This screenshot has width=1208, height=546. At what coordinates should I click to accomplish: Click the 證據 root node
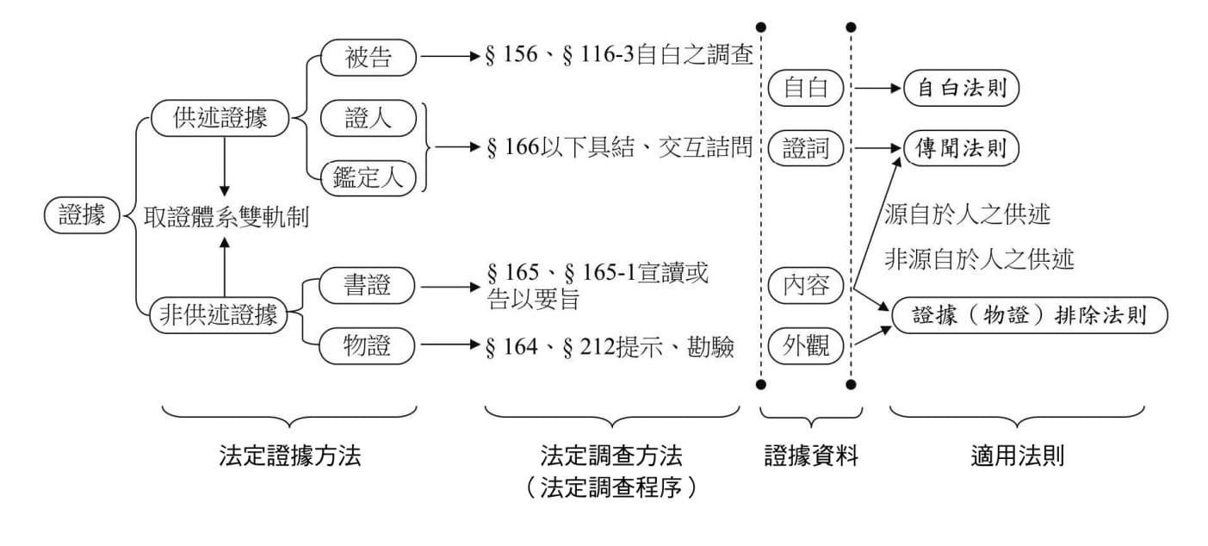tap(82, 215)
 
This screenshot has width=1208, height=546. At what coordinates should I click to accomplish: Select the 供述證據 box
tap(220, 119)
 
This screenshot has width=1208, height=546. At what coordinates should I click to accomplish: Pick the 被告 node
tap(369, 58)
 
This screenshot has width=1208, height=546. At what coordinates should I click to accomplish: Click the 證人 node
tap(368, 119)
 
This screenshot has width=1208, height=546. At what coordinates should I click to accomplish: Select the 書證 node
tap(368, 285)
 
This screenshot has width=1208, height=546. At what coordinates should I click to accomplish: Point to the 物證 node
tap(368, 346)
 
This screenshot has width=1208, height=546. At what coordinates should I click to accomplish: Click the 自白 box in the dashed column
tap(806, 88)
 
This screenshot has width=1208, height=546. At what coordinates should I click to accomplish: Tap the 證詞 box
tap(806, 149)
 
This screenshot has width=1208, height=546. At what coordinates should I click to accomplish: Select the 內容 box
tap(806, 285)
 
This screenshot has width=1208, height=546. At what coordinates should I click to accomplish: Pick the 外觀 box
tap(806, 346)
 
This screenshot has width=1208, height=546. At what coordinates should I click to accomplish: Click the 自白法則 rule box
tap(961, 88)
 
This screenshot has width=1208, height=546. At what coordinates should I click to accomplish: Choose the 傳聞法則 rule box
tap(961, 149)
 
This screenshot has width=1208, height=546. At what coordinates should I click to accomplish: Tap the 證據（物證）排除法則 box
tap(1030, 315)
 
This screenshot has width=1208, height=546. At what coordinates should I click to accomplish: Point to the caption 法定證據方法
tap(289, 456)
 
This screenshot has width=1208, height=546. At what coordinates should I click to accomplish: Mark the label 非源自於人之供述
tap(979, 259)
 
